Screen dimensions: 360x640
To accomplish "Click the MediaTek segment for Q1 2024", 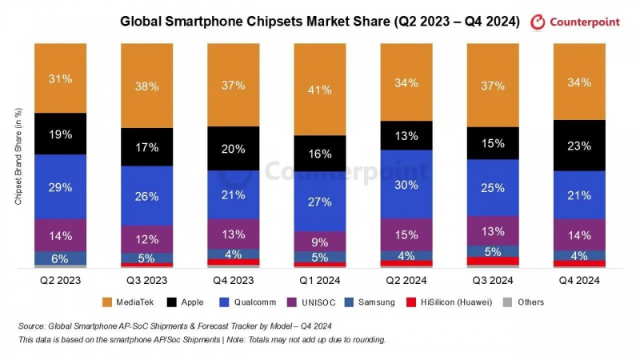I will [x=320, y=89].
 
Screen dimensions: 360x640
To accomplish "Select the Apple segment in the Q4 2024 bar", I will [x=579, y=146].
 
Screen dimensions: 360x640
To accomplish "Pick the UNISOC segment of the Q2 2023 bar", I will [x=61, y=235].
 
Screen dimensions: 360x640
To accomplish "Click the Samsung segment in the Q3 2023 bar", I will [x=147, y=258].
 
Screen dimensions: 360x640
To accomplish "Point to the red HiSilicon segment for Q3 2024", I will [x=493, y=261].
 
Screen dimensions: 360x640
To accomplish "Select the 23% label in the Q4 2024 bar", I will [x=579, y=146].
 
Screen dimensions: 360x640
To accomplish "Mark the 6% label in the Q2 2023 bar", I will [x=61, y=258].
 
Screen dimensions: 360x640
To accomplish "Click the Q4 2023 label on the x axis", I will [x=234, y=280].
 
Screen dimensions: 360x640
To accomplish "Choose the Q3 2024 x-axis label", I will [x=493, y=280].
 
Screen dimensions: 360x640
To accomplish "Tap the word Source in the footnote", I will [x=32, y=326].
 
